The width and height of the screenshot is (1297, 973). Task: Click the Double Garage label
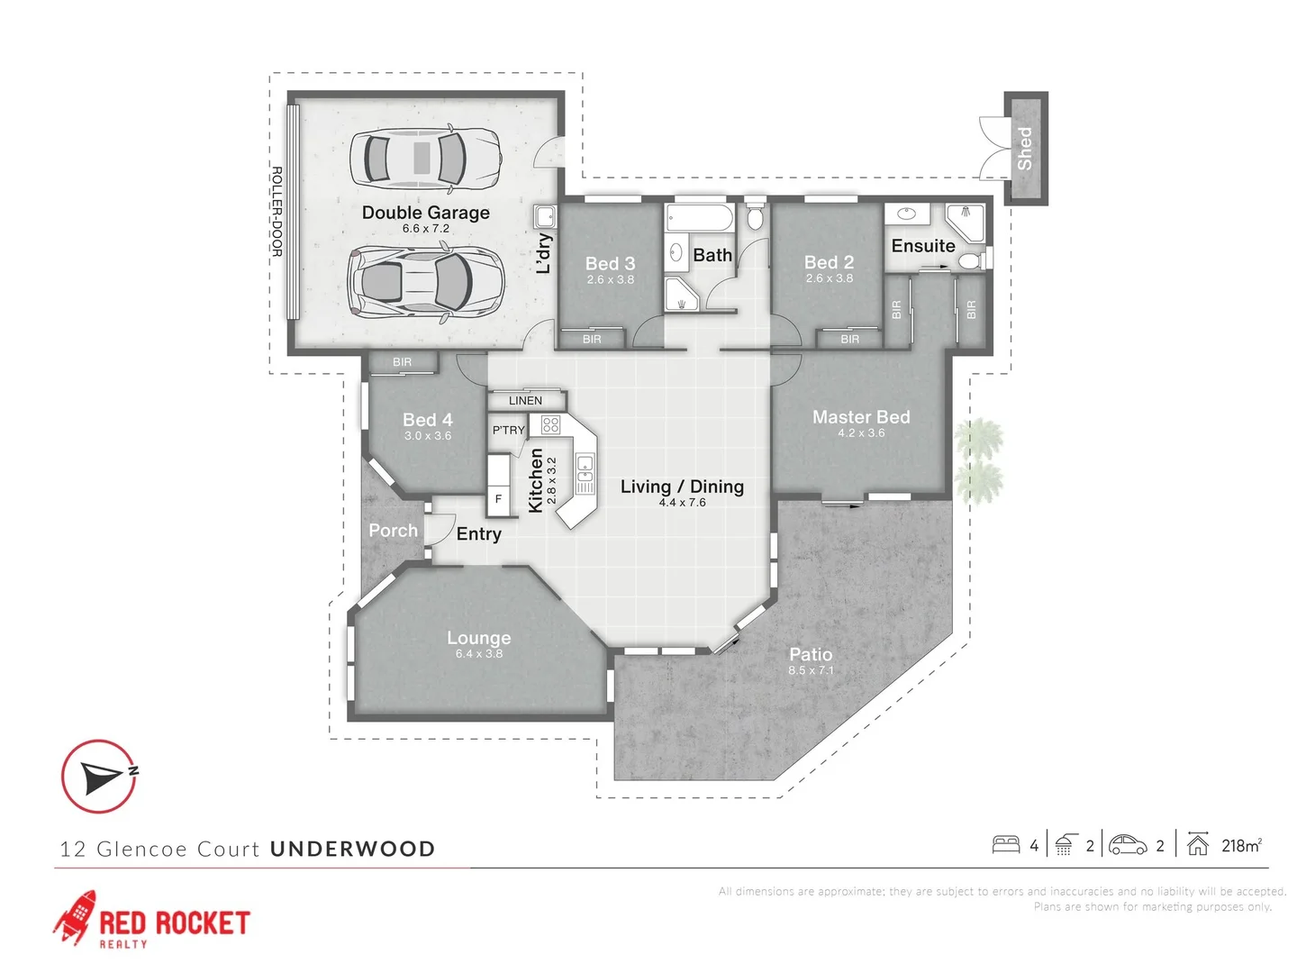point(425,213)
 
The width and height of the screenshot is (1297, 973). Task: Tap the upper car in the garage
point(425,159)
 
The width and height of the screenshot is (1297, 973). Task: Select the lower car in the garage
point(425,282)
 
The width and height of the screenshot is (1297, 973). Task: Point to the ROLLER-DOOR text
point(277,212)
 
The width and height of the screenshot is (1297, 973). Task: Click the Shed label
point(1025,148)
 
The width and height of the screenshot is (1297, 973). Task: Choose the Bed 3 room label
point(610,263)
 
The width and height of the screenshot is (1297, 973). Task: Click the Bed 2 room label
point(829,262)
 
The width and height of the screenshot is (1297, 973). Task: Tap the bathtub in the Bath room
point(700,219)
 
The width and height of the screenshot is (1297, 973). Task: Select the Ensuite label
point(923,246)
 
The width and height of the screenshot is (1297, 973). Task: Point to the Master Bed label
point(861,417)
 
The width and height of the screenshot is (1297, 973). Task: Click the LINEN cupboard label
point(525,401)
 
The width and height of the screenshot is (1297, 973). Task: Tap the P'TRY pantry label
point(508,431)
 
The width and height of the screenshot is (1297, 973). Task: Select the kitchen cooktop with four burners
point(550,424)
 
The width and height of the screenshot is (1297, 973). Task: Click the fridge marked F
point(498,498)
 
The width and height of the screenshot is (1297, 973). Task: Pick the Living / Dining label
point(682,486)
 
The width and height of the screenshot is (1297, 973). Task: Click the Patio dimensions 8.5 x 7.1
point(811,670)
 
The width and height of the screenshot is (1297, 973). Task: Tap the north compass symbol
point(99,777)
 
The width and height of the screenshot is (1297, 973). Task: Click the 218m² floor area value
point(1241,846)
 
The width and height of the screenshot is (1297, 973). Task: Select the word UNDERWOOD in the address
point(352,849)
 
